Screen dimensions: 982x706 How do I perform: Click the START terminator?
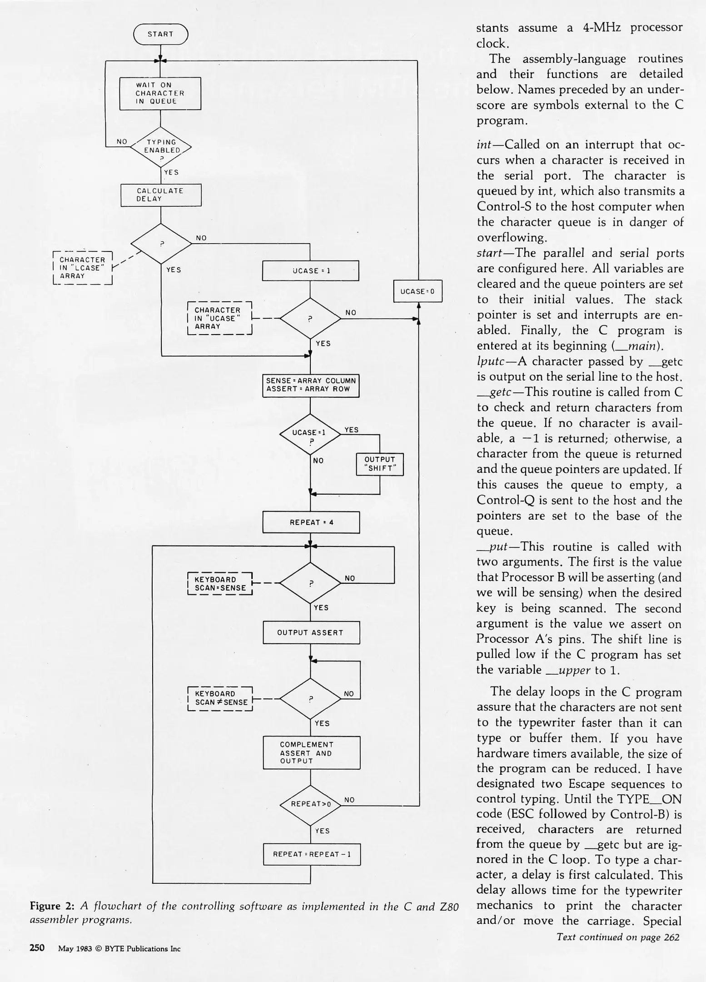pos(160,34)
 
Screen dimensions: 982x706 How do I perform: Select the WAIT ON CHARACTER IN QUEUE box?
pos(160,93)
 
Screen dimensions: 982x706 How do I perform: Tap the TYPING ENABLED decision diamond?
pos(161,147)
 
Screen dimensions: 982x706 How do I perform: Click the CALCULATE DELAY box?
pos(161,195)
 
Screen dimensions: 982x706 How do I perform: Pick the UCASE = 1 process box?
pos(311,271)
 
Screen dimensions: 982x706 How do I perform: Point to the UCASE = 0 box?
pos(418,291)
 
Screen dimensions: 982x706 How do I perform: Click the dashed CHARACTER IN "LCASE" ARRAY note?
pos(83,268)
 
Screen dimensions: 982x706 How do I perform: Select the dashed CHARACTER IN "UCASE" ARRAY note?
pos(219,318)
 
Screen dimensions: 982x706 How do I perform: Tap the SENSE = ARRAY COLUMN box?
pos(311,385)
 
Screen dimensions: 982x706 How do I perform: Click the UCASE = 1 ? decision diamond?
pos(310,434)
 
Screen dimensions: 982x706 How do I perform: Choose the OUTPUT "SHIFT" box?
pos(380,464)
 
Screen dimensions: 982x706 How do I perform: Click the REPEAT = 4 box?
pos(311,522)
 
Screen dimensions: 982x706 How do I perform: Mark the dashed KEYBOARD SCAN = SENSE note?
pos(220,584)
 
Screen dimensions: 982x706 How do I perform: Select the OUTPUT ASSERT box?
pos(311,632)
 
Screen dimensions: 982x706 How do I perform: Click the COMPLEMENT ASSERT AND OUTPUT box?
pos(312,752)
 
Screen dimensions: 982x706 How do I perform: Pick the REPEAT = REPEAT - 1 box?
pos(312,854)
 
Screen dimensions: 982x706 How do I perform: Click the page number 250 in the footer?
pos(37,948)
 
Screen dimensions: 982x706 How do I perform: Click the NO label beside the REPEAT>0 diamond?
pos(349,800)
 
